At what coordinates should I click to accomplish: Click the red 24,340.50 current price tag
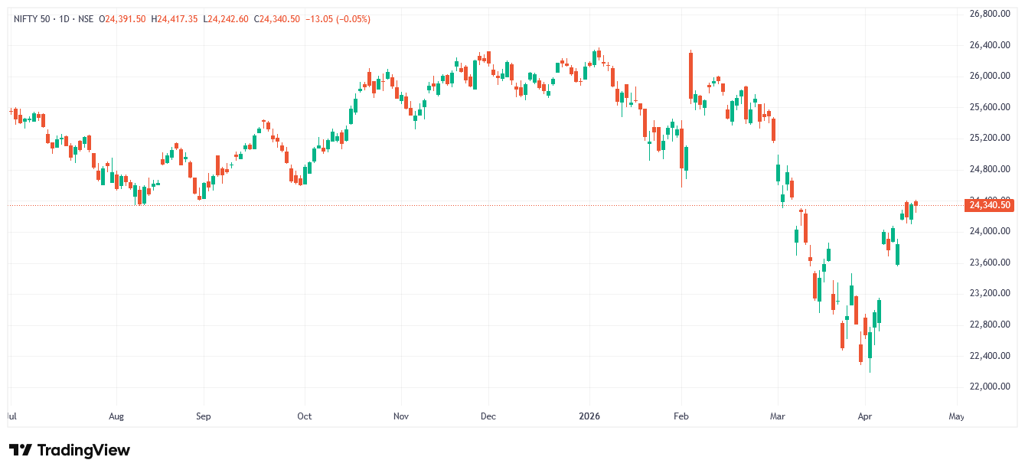tap(991, 205)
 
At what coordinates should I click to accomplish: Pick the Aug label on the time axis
tap(116, 417)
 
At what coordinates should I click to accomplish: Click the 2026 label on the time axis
tap(589, 417)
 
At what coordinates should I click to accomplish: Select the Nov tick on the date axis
tap(401, 417)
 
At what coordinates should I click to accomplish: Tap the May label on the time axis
tap(956, 417)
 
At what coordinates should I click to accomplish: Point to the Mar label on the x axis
tap(778, 417)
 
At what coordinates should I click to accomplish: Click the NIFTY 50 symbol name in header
tap(33, 19)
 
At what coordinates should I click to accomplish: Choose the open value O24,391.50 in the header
tap(122, 19)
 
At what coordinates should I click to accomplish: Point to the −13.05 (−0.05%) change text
tap(338, 19)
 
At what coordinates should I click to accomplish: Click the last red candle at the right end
tap(916, 203)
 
